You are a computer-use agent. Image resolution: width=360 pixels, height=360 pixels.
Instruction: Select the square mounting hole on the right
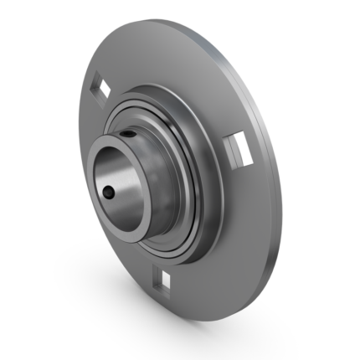(x=234, y=150)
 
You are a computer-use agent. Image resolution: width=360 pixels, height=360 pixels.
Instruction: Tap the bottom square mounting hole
(x=166, y=278)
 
